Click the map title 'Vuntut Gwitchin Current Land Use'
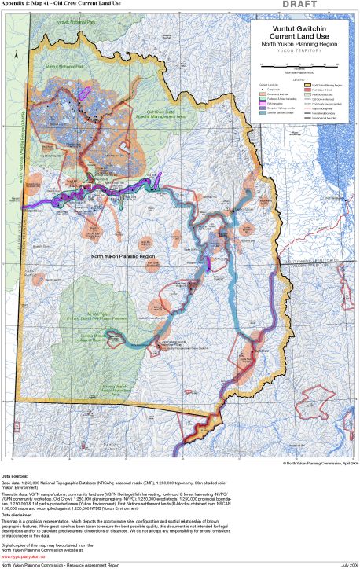pos(297,32)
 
